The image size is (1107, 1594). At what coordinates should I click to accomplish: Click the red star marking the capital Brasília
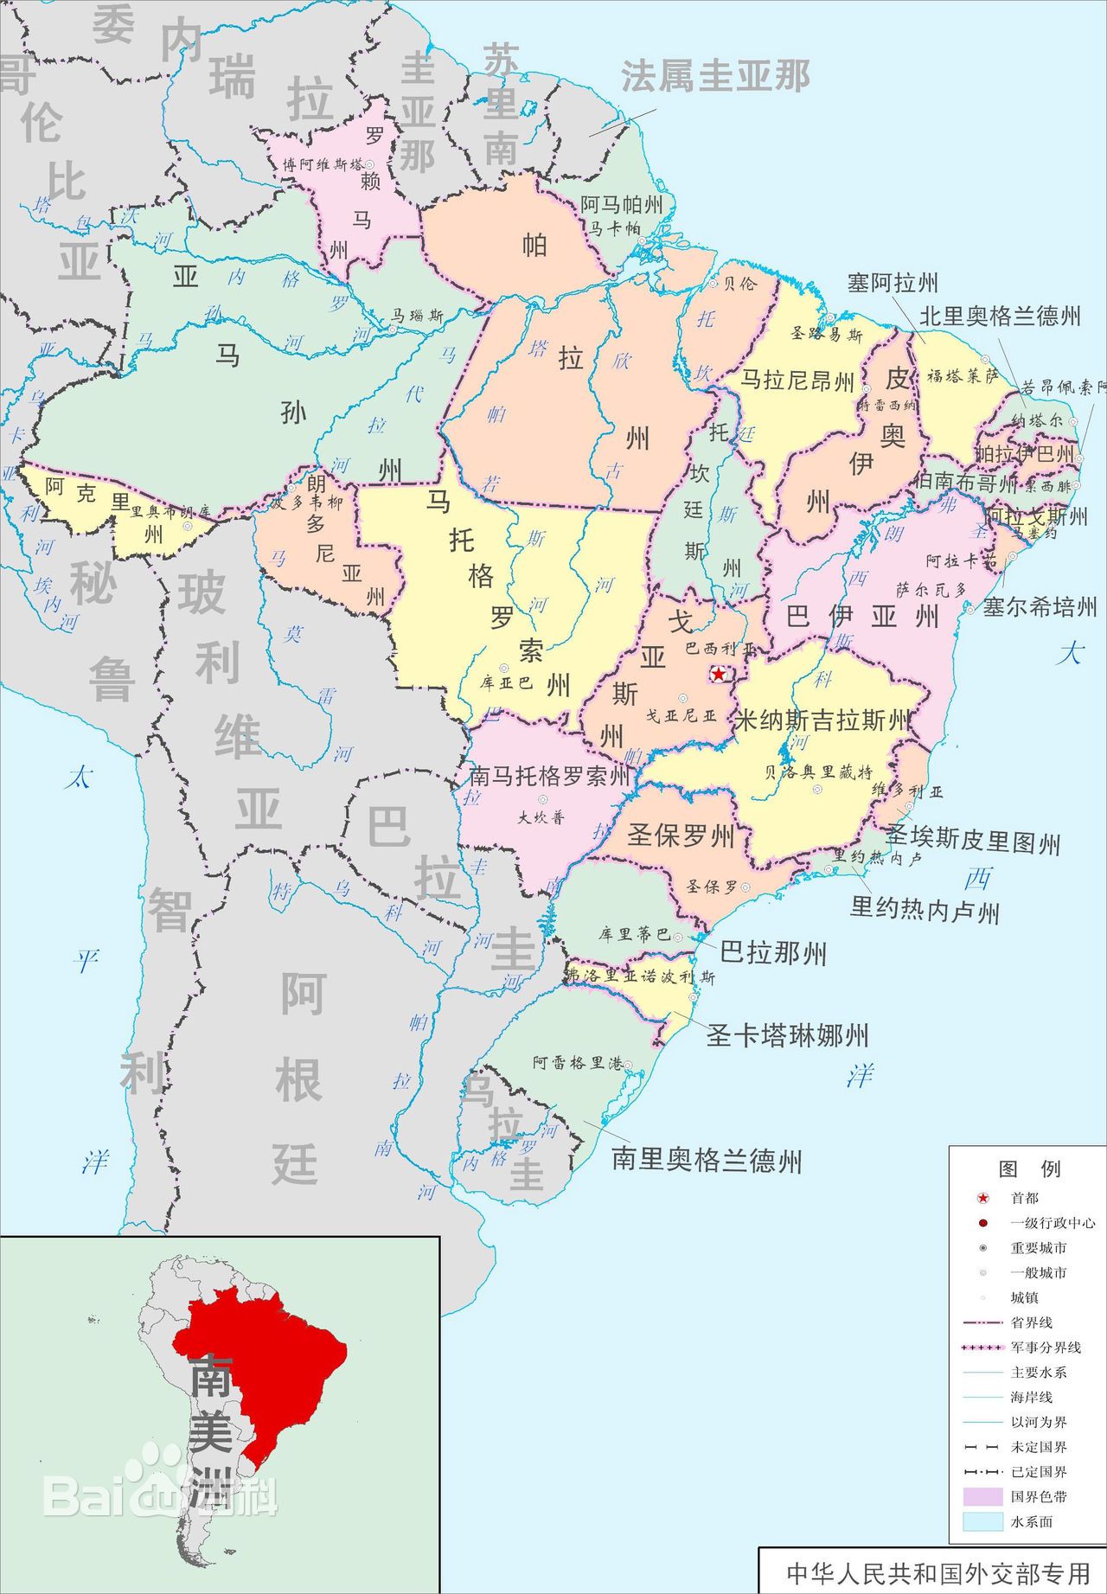[719, 673]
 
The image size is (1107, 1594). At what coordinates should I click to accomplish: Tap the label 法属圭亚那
[715, 77]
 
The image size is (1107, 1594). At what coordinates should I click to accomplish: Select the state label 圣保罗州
[681, 835]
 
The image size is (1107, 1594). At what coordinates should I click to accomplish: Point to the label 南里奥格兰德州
[707, 1160]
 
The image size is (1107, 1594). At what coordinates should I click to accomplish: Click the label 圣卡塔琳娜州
[787, 1034]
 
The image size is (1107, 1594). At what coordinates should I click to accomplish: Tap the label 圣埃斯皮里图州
[972, 840]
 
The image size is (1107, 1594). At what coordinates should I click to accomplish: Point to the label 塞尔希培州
[1040, 606]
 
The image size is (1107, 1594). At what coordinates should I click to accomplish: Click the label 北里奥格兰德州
[1000, 316]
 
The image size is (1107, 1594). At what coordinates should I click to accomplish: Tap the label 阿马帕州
[622, 205]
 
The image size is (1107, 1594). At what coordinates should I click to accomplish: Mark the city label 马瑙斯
[418, 316]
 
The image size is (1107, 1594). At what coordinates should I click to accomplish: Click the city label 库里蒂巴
[634, 934]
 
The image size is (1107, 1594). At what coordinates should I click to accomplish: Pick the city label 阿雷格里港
[577, 1063]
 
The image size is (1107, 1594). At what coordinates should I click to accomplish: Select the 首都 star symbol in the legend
[983, 1198]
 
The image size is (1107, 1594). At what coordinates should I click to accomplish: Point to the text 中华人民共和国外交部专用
[937, 1572]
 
